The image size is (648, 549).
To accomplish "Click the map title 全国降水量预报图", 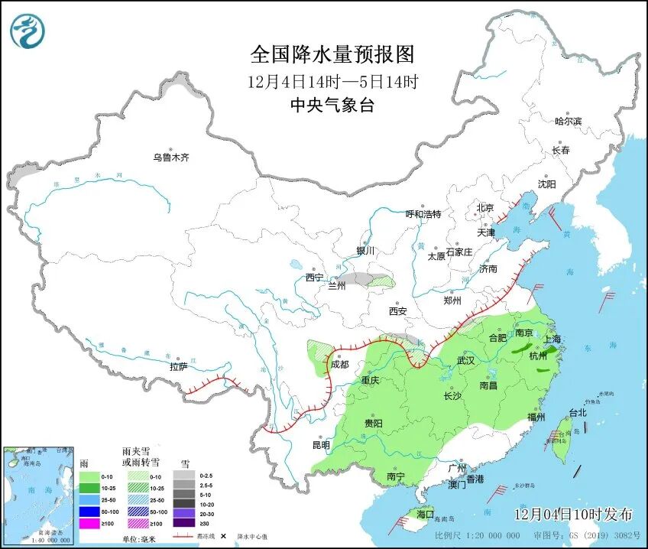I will [x=332, y=55].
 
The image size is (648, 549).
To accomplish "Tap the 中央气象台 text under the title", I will [x=332, y=106].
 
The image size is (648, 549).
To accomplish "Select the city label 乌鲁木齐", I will [x=170, y=158].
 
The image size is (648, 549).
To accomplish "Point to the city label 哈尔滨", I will [x=568, y=121].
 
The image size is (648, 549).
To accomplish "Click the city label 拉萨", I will [x=178, y=367].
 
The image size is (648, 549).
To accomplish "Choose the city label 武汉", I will [x=465, y=359].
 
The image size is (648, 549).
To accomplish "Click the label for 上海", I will [x=552, y=339].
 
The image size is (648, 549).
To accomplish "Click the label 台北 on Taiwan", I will [x=577, y=413].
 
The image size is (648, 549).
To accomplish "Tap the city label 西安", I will [x=397, y=311].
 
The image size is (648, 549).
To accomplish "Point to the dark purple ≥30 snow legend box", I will [x=183, y=524].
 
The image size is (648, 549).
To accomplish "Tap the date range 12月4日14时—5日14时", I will [x=332, y=80].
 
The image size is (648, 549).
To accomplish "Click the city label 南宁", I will [x=396, y=476].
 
